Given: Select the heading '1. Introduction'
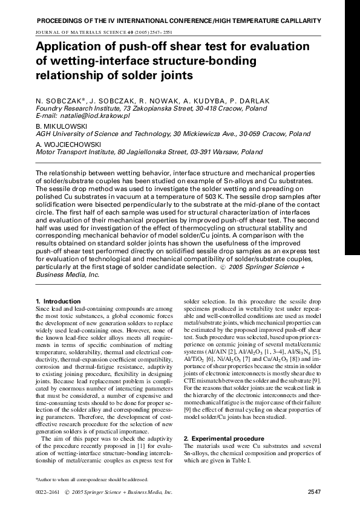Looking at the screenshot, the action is click(x=58, y=301).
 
